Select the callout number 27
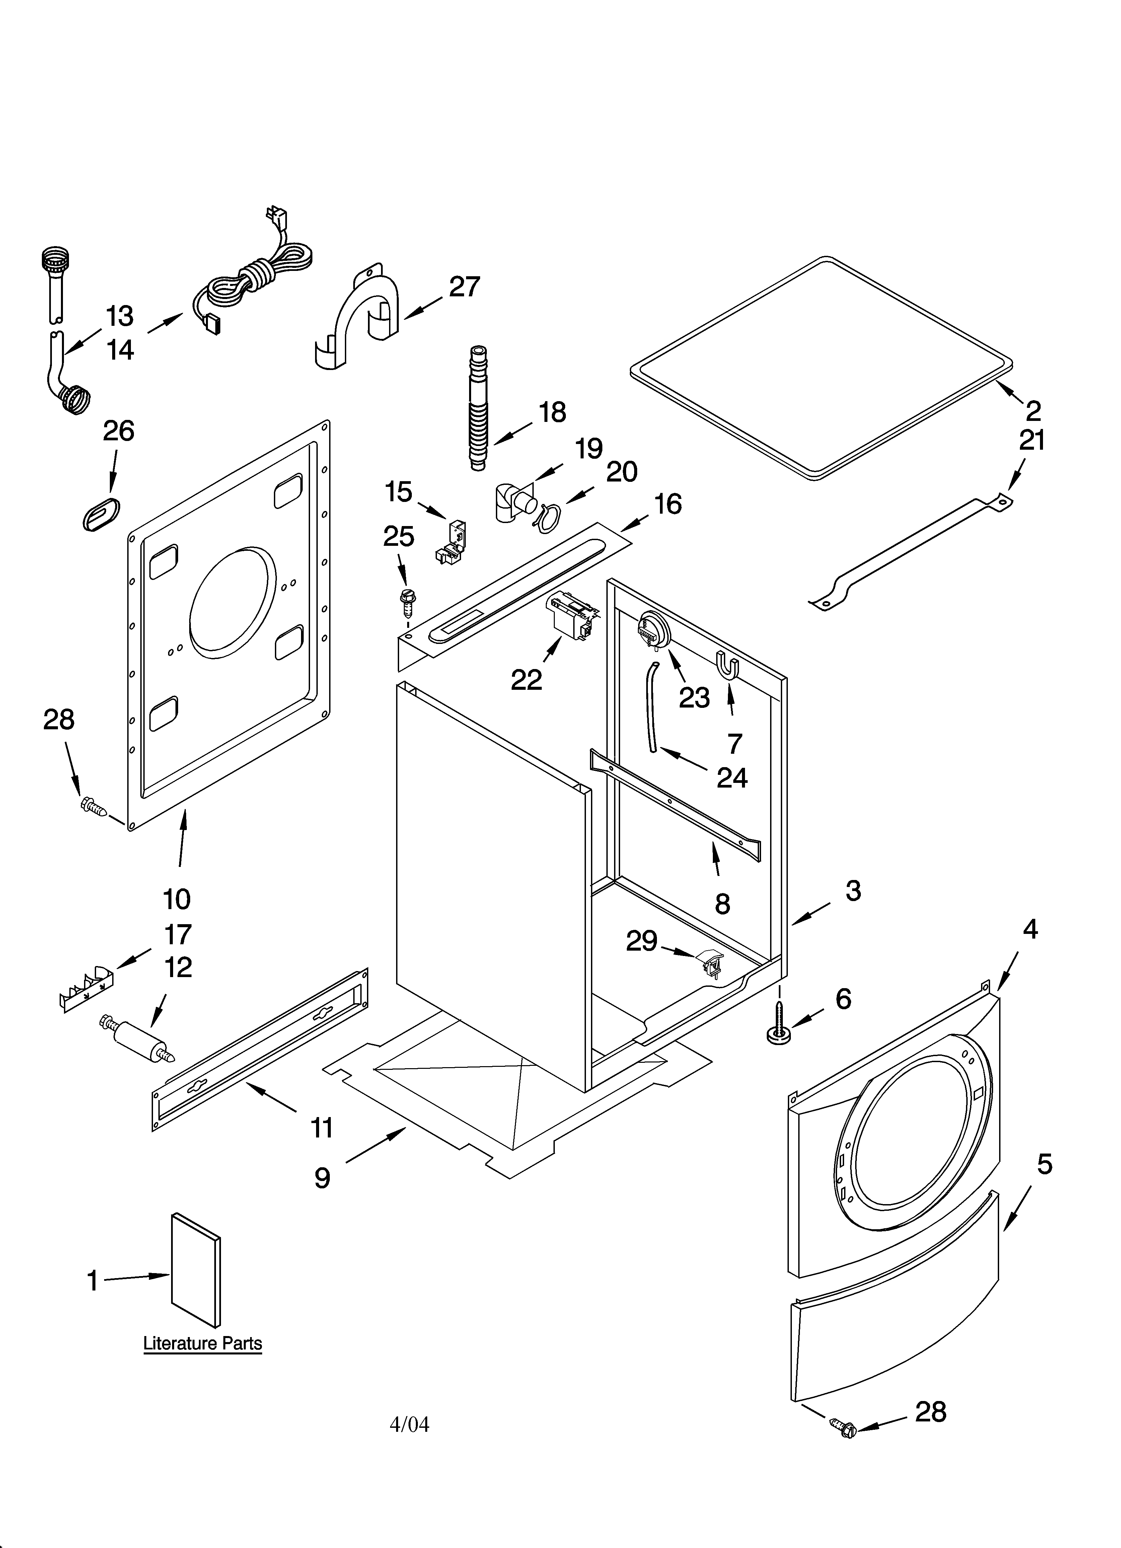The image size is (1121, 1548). click(464, 287)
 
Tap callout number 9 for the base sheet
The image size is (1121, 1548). click(322, 1177)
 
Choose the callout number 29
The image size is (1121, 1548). click(642, 941)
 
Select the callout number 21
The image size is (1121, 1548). click(1032, 441)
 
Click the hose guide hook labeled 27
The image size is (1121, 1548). click(362, 314)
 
